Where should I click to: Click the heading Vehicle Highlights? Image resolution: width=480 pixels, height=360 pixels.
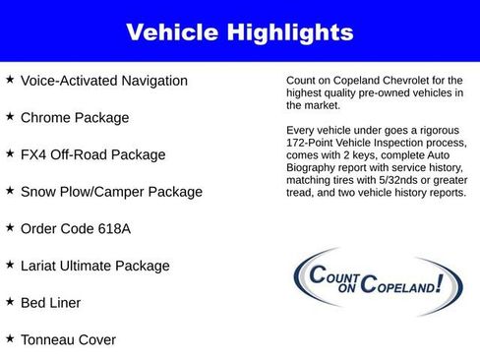[x=239, y=32]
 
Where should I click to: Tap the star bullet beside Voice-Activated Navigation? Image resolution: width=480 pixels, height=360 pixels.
[x=10, y=79]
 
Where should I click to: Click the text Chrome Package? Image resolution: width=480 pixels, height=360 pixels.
[x=74, y=118]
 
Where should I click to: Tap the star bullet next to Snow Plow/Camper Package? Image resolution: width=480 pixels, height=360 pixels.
[x=10, y=190]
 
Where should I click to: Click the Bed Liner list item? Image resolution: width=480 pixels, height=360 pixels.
[x=50, y=303]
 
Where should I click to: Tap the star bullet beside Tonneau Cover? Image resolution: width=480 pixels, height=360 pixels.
[x=10, y=337]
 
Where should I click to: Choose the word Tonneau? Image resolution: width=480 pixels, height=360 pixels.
[x=49, y=339]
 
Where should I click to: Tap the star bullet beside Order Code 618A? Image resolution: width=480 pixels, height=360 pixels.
[x=10, y=227]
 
